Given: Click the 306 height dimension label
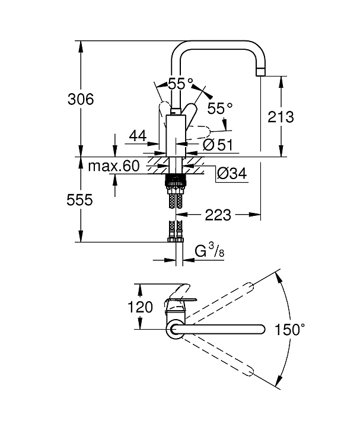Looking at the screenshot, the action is click(x=81, y=99).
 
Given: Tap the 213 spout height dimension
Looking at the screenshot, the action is click(x=281, y=117).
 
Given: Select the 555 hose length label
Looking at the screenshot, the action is click(x=79, y=200).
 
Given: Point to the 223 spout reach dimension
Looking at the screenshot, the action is click(x=218, y=215).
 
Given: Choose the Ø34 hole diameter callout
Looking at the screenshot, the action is click(x=232, y=173).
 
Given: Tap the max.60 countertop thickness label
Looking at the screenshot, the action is click(x=113, y=165).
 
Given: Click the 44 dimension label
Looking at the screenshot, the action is click(x=138, y=136).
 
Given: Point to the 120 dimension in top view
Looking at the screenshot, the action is click(x=140, y=307).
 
